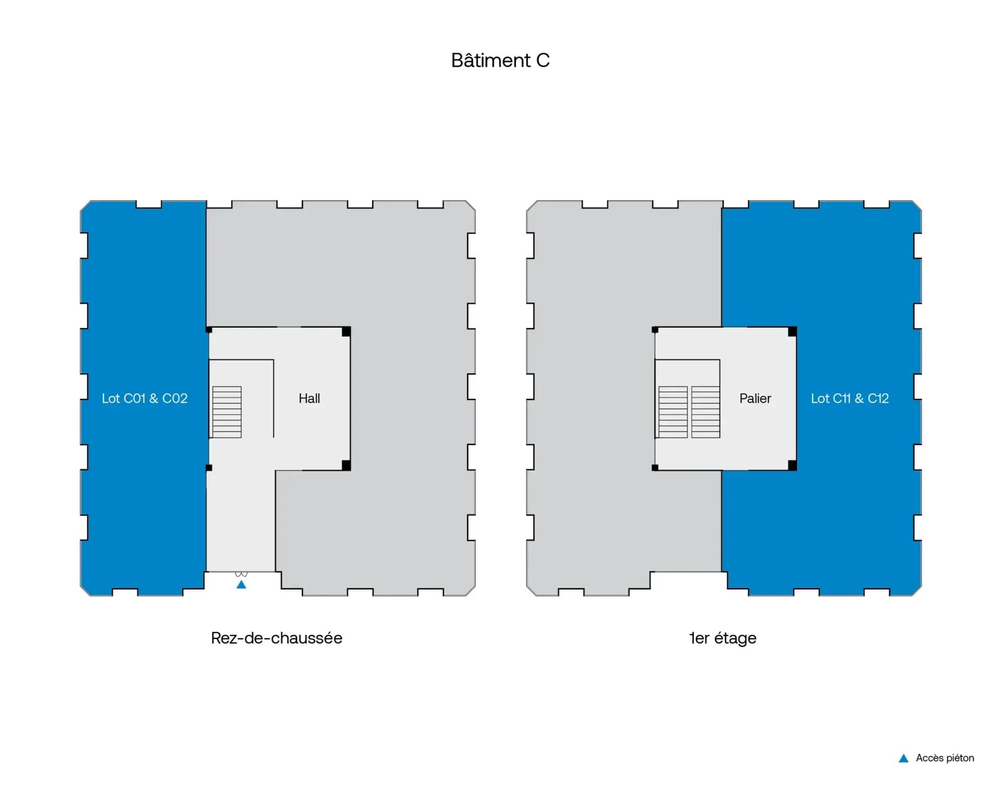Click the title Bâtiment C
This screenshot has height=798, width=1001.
pos(500,61)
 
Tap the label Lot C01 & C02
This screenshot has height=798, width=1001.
pos(144,398)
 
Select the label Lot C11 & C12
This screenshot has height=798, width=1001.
pos(850,398)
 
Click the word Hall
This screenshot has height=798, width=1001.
pos(309,398)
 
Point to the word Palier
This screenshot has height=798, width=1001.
pos(755,398)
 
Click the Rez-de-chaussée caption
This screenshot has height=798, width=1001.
pos(276,638)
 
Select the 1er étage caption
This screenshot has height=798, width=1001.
pos(723,638)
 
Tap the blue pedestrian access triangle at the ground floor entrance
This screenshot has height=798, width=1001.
pos(241,585)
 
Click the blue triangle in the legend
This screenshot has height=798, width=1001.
pos(904,758)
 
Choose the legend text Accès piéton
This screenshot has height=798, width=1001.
pos(945,758)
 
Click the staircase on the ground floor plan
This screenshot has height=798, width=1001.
pos(227,412)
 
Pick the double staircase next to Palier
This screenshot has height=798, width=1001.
pos(689,412)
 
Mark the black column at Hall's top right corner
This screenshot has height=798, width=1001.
pos(346,331)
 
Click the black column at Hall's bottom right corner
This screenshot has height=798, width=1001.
pos(346,466)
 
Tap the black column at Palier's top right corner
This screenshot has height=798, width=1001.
pos(792,331)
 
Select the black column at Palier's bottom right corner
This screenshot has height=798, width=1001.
pos(792,466)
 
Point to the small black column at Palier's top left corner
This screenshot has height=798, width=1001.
pos(655,330)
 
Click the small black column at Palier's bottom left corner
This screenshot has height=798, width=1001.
pos(655,468)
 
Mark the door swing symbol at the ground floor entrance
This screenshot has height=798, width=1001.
pos(241,574)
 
